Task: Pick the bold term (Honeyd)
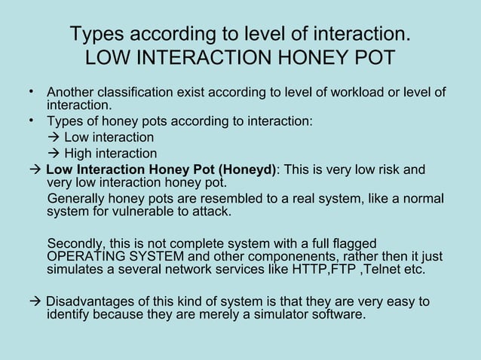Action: [x=247, y=169]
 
